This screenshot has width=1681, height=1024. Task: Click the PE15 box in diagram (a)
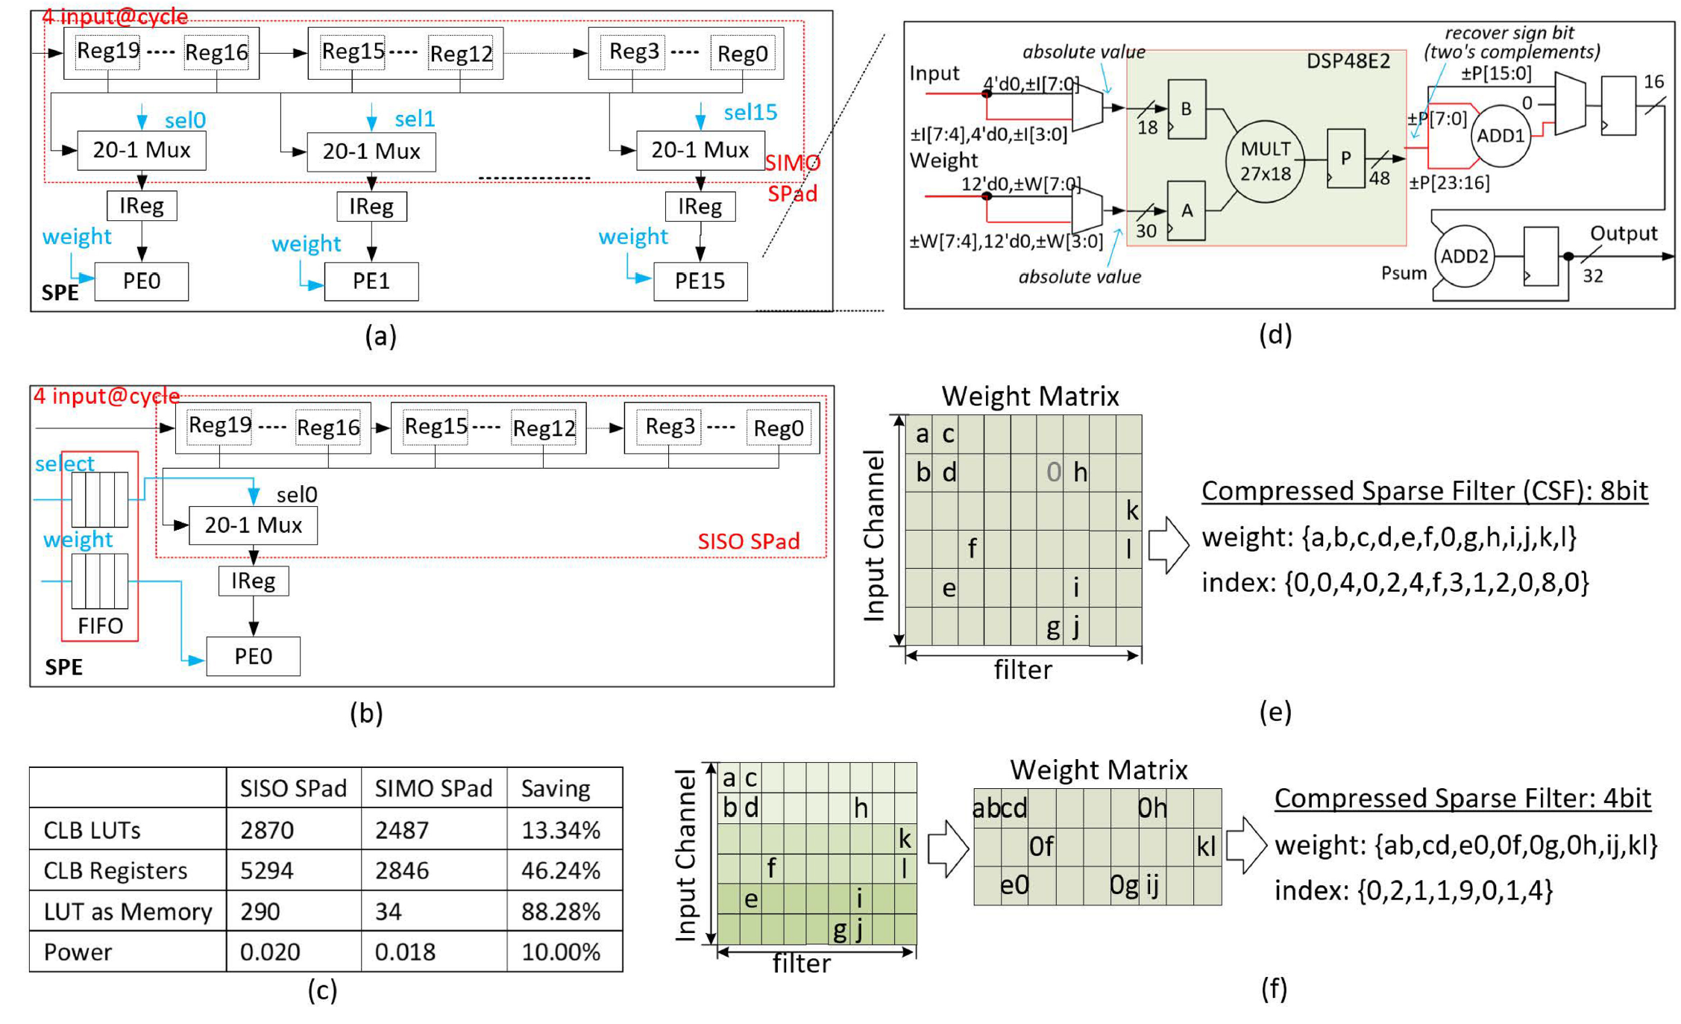(x=700, y=281)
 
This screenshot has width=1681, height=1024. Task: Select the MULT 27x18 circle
(x=1265, y=162)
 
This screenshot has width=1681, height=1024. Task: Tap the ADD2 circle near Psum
(x=1464, y=257)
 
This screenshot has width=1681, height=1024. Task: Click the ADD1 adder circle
(x=1501, y=136)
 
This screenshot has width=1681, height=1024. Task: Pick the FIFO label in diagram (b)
(x=100, y=625)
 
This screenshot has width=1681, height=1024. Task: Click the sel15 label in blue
(x=750, y=113)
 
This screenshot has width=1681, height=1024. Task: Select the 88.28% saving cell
(x=560, y=911)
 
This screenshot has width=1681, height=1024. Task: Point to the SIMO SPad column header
(x=433, y=789)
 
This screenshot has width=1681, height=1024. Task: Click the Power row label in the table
(x=78, y=952)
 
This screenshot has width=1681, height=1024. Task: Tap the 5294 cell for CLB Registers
(x=266, y=871)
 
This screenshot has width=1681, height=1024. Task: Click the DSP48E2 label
(x=1348, y=61)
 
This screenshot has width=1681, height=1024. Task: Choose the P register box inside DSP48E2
(x=1345, y=158)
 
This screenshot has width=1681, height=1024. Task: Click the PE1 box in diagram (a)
(x=371, y=281)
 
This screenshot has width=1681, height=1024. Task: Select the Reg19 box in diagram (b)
(x=219, y=426)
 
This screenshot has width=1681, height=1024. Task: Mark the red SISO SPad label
(x=748, y=541)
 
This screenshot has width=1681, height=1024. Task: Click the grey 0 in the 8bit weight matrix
(x=1053, y=472)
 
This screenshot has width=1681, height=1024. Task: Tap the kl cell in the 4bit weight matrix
(x=1206, y=846)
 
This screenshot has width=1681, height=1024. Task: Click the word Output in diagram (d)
(x=1624, y=234)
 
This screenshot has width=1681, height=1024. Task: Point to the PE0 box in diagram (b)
(x=253, y=657)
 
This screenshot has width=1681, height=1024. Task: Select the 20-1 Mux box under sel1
(x=371, y=152)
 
